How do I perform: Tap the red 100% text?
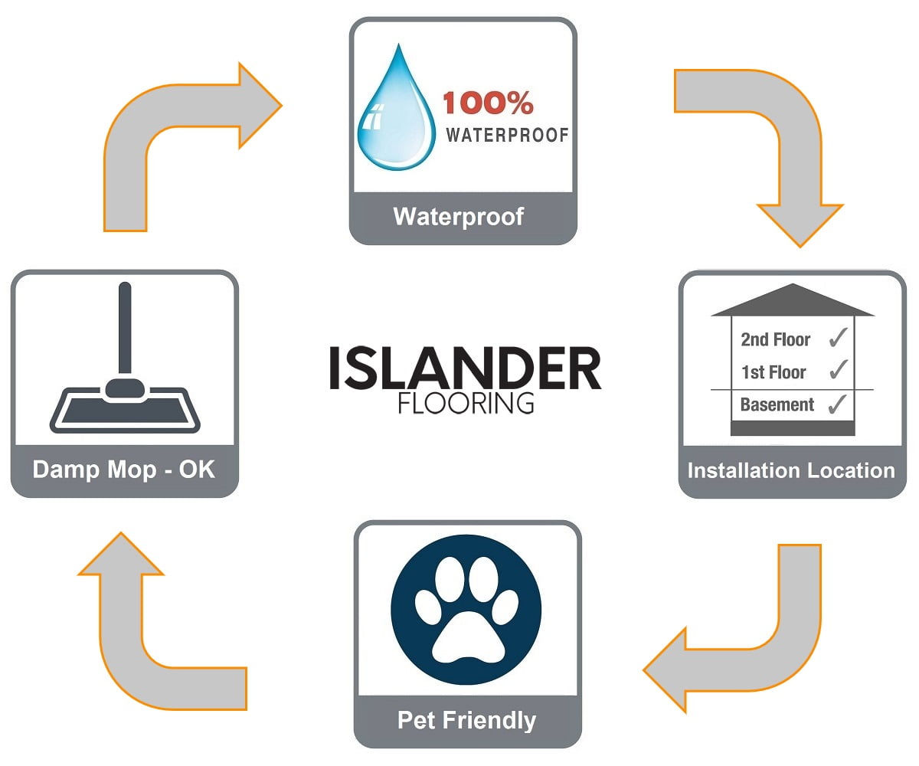click(488, 103)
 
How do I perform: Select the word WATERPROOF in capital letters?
click(507, 136)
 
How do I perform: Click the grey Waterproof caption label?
click(458, 217)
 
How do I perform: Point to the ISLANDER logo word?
click(465, 368)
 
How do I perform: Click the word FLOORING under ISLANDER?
click(465, 403)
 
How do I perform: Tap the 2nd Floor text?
click(775, 339)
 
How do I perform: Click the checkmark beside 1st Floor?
click(838, 371)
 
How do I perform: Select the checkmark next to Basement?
click(838, 404)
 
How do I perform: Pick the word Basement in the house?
click(777, 404)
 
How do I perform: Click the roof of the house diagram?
click(792, 301)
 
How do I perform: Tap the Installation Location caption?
click(791, 470)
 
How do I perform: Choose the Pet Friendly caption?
click(466, 721)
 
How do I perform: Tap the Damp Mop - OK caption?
click(124, 469)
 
